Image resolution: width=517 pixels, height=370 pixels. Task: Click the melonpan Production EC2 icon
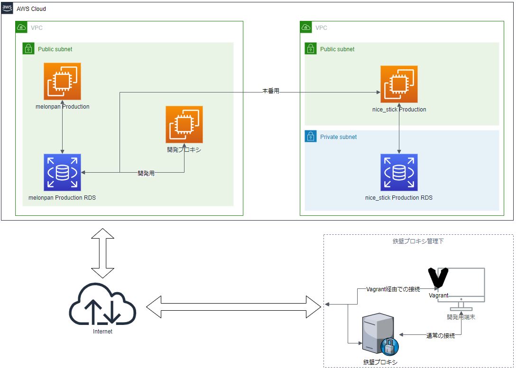pyautogui.click(x=62, y=81)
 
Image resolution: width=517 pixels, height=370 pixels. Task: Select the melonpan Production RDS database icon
pyautogui.click(x=62, y=172)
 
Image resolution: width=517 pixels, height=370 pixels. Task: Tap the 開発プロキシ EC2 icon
pyautogui.click(x=184, y=124)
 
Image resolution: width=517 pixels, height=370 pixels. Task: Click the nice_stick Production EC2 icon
pyautogui.click(x=399, y=84)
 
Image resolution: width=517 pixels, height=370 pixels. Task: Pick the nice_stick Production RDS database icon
pyautogui.click(x=399, y=172)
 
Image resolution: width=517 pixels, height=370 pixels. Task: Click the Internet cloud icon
pyautogui.click(x=102, y=304)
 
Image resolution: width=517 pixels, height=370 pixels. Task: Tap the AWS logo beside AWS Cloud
pyautogui.click(x=7, y=8)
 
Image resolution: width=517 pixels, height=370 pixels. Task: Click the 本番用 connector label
pyautogui.click(x=270, y=91)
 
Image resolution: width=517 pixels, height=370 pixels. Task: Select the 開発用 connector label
pyautogui.click(x=146, y=174)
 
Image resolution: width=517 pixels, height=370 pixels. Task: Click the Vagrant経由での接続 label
pyautogui.click(x=393, y=289)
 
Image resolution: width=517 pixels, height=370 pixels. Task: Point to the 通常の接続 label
pyautogui.click(x=441, y=336)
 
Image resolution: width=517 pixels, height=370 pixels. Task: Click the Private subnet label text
pyautogui.click(x=339, y=137)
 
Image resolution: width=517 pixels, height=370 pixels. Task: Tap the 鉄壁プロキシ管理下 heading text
pyautogui.click(x=418, y=241)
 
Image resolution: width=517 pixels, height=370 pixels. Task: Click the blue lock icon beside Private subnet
pyautogui.click(x=310, y=137)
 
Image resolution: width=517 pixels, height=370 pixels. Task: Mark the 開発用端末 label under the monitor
pyautogui.click(x=461, y=317)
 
